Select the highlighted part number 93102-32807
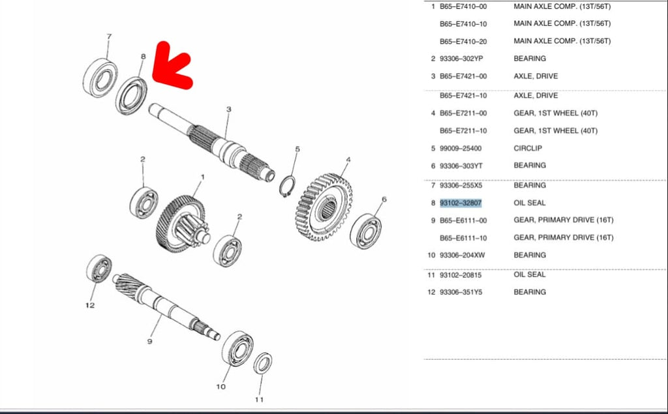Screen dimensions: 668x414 [461, 203]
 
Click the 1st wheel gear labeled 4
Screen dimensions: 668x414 [325, 207]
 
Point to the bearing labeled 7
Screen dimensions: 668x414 [100, 78]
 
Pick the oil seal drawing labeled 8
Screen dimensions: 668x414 [131, 96]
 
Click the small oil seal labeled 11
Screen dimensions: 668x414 [263, 363]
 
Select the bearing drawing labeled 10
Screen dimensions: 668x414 [237, 348]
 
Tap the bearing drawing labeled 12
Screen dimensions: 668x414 [99, 269]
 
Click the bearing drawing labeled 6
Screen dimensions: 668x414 [365, 231]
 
